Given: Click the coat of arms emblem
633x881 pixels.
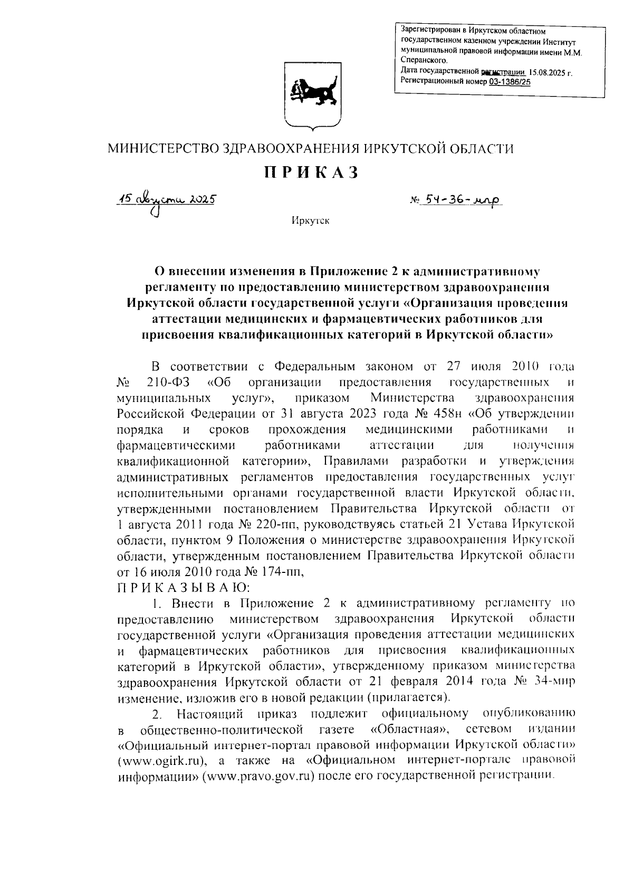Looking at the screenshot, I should (x=310, y=95).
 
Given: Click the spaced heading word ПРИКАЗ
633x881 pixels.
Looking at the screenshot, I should (x=311, y=173).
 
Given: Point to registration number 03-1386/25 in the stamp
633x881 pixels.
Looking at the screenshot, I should (x=510, y=82).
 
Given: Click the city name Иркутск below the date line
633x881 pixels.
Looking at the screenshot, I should (x=311, y=221).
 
